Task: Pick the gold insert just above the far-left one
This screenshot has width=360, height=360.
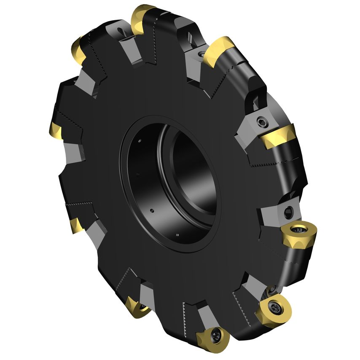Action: (79, 50)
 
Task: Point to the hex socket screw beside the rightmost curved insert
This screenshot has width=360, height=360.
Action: (262, 123)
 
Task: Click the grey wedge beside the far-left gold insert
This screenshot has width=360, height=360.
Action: (75, 152)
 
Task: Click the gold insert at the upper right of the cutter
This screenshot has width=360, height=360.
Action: (219, 51)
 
